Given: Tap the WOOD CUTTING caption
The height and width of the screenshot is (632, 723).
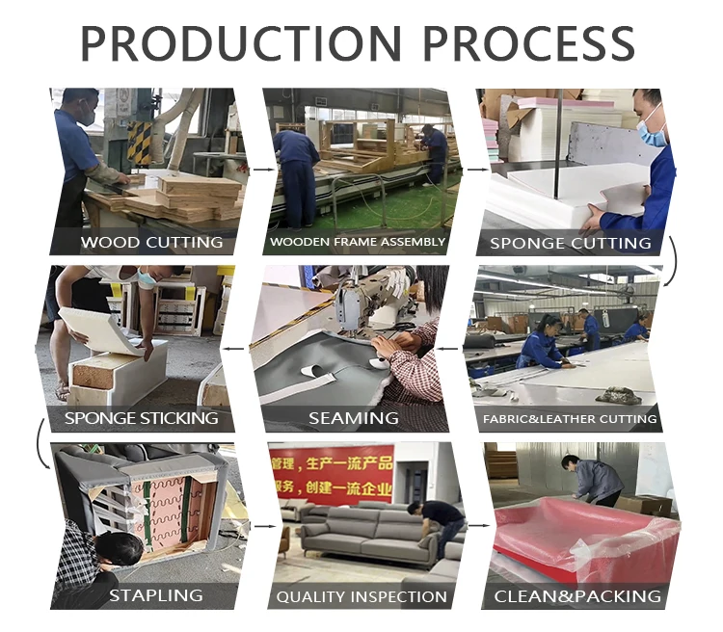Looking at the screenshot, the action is click(x=151, y=242).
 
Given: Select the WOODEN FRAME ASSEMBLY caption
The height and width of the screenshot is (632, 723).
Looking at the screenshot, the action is click(x=358, y=242).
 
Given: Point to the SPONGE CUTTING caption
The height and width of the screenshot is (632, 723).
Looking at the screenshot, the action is click(x=570, y=242).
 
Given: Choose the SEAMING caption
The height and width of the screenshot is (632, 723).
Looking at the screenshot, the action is click(x=354, y=418).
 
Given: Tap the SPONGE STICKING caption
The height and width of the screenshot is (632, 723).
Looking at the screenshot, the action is click(x=141, y=418).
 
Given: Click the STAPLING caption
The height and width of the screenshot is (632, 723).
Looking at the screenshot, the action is click(x=155, y=595).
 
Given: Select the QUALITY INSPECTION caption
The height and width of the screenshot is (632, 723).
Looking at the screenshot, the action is click(x=361, y=596).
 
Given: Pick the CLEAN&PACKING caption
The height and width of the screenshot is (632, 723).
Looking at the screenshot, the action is click(x=577, y=596).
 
